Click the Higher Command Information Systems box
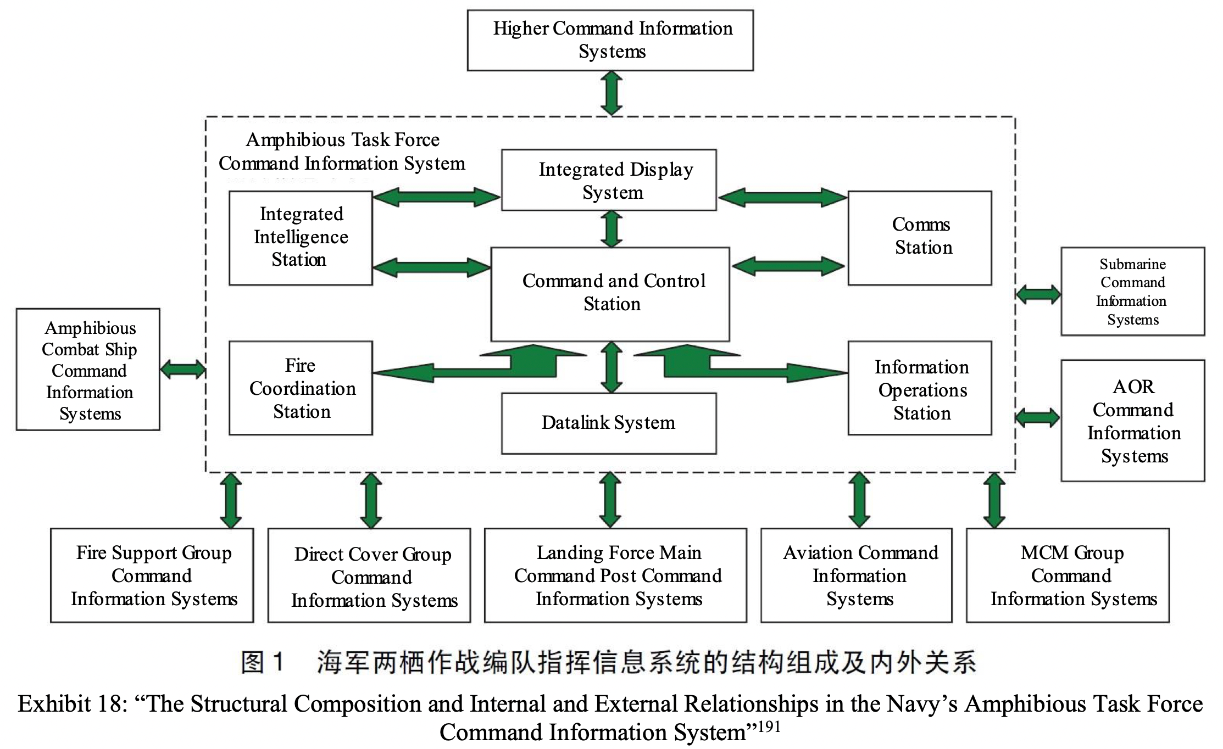click(610, 40)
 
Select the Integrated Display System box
click(609, 180)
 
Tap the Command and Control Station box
click(610, 294)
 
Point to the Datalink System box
click(609, 423)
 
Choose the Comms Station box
click(919, 238)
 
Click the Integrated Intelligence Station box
click(301, 238)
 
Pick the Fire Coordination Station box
click(301, 388)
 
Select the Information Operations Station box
click(919, 388)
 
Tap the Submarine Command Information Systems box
click(1132, 291)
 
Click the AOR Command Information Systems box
click(1132, 421)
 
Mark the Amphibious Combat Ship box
click(88, 369)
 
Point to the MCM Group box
click(1068, 575)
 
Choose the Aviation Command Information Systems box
click(856, 575)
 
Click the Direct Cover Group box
click(369, 575)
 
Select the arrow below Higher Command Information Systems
click(611, 93)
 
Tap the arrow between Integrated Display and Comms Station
click(782, 197)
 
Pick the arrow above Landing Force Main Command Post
click(610, 500)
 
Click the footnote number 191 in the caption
click(769, 726)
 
